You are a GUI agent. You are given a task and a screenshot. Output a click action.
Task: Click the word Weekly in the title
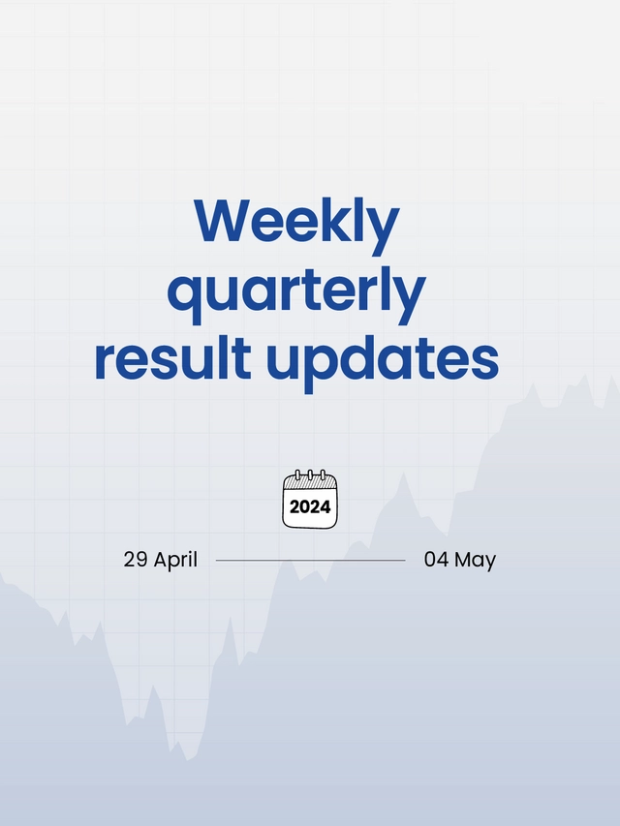tap(296, 223)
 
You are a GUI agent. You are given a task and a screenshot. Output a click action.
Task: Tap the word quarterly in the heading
tap(296, 291)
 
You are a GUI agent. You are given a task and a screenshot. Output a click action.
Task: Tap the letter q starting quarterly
tap(185, 295)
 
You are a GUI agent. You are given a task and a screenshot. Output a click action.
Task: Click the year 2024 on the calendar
tap(310, 506)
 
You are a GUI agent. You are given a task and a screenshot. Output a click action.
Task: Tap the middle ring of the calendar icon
tap(310, 475)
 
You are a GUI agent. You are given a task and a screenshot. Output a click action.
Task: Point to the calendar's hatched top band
tap(310, 483)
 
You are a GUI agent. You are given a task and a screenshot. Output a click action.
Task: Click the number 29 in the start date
tap(134, 560)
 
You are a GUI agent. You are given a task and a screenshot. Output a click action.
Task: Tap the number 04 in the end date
tap(436, 560)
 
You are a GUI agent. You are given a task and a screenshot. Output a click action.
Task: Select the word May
tap(475, 561)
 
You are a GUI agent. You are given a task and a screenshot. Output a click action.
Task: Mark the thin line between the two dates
tap(310, 560)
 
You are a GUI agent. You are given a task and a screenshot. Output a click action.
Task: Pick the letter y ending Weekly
tap(384, 229)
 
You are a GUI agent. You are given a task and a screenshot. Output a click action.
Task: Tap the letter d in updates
tap(366, 356)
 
